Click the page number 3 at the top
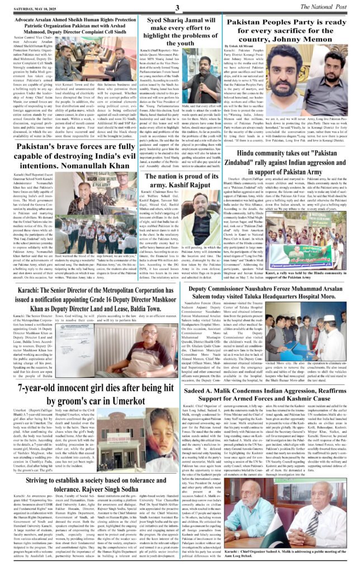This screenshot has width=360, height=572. click(x=176, y=7)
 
